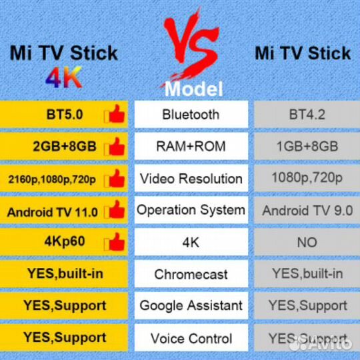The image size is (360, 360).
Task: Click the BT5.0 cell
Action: coord(65,114)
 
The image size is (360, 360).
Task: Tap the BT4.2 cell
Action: coord(307,114)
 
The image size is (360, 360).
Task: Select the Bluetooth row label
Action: coord(191,114)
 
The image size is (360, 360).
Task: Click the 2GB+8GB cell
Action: coord(65,146)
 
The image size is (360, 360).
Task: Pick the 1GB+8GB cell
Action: coord(307,146)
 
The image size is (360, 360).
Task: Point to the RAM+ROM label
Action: coord(191,146)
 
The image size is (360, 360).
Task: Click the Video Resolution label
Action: coord(191,178)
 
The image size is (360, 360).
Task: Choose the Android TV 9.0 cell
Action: coord(307,210)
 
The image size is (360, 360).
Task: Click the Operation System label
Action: coord(191,210)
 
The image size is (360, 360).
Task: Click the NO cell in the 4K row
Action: coord(307,242)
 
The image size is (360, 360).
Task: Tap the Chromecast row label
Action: coord(191,274)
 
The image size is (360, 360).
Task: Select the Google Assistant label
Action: coord(191,305)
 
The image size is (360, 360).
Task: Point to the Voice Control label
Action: coord(191,338)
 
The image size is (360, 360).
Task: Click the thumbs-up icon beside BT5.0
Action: coord(114,114)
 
